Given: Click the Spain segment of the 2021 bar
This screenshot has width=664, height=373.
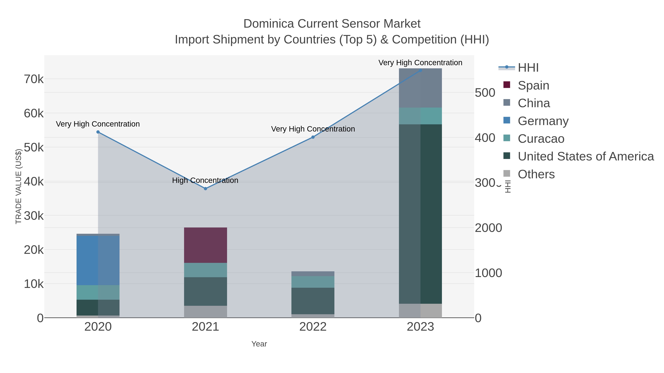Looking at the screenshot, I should click(x=205, y=245).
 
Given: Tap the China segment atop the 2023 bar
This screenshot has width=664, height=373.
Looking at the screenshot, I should click(x=420, y=88).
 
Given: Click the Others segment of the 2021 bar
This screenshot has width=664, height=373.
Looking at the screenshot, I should click(x=205, y=311).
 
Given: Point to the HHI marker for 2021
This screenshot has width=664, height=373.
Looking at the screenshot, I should click(x=205, y=189).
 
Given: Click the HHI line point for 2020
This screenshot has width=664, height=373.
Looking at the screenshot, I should click(x=98, y=132).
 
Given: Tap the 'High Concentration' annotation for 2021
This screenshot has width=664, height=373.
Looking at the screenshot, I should click(x=205, y=181).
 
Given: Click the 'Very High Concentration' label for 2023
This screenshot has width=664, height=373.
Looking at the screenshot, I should click(x=420, y=63).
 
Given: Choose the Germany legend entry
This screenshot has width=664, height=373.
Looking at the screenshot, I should click(x=543, y=121).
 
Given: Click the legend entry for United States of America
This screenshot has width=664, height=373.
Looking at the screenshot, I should click(x=586, y=157).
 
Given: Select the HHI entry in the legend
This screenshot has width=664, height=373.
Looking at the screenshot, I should click(x=528, y=68).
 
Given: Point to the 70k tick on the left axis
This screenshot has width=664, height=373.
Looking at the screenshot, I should click(x=34, y=79).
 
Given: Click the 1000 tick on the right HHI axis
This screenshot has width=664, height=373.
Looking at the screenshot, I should click(x=488, y=273).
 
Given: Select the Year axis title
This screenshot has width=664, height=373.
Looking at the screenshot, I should click(x=259, y=344).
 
